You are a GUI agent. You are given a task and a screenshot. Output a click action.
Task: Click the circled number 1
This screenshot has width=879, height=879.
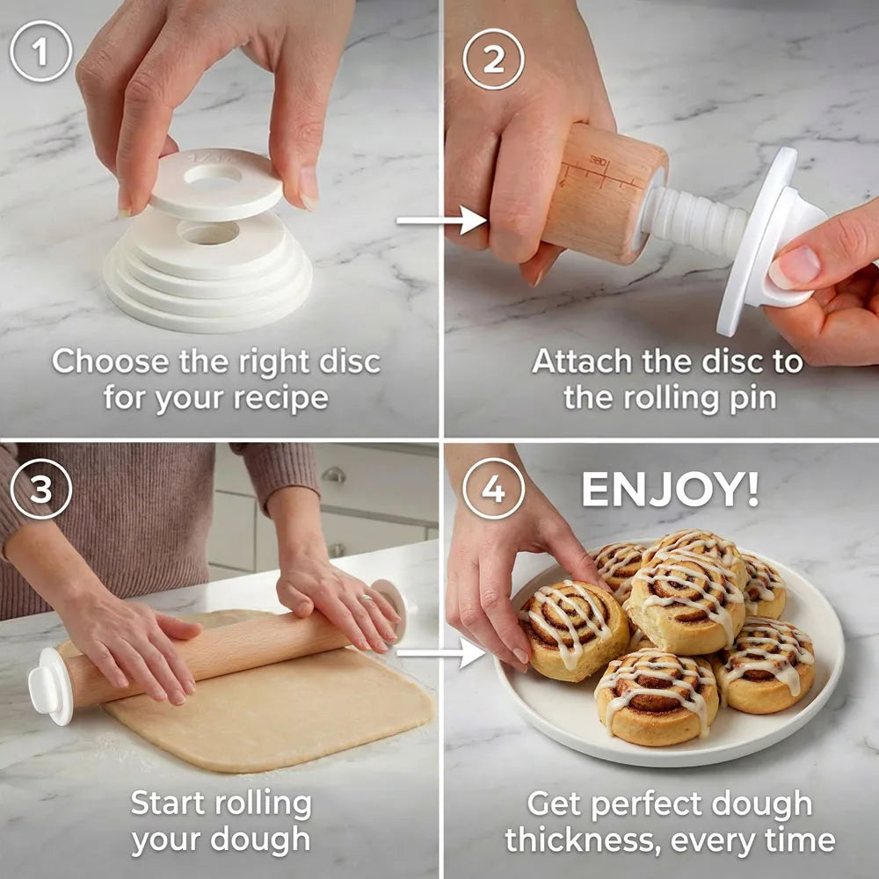point(41,52)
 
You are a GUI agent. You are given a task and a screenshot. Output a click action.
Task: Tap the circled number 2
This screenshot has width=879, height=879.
point(493,60)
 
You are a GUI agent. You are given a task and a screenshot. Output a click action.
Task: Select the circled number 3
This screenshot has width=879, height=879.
point(41,489)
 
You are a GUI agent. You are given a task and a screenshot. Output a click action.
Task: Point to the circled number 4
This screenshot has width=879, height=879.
point(493,489)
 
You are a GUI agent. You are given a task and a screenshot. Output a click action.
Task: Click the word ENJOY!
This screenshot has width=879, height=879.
point(671,490)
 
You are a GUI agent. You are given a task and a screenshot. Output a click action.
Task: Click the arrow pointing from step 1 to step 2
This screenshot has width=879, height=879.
point(441,221)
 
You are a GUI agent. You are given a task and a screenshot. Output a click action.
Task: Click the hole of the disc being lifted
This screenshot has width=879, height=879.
point(213,174)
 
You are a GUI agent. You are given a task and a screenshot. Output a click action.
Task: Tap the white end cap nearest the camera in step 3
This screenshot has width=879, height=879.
point(50,687)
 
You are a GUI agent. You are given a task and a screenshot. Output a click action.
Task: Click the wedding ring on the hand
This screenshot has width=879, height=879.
point(365,599)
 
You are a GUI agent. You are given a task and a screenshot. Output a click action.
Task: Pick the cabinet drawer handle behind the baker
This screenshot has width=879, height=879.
point(334,476)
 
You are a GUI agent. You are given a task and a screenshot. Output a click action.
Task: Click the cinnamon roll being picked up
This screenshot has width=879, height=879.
point(573,629)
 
